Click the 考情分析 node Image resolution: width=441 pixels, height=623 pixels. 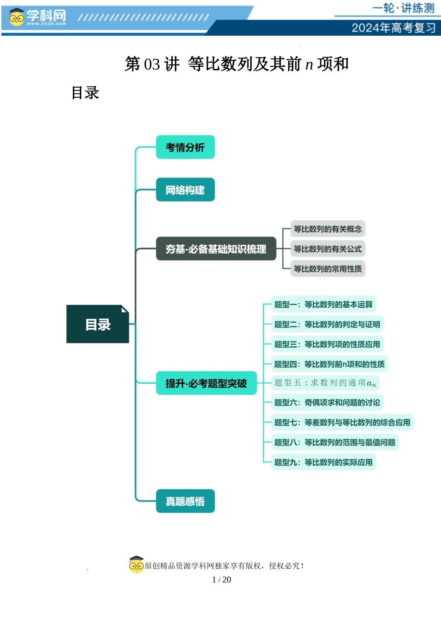[x=185, y=147]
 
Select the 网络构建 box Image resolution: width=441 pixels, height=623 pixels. [x=185, y=190]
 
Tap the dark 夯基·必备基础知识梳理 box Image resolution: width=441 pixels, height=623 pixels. [x=216, y=249]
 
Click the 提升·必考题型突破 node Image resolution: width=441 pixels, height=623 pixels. [x=206, y=383]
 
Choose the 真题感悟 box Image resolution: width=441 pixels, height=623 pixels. [x=185, y=501]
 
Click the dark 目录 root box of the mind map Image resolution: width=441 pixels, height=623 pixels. [x=97, y=324]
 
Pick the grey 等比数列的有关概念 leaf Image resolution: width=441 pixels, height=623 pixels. [x=327, y=229]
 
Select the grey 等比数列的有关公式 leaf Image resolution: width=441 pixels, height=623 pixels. [x=327, y=249]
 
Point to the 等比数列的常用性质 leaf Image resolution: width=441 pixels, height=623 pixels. [x=327, y=269]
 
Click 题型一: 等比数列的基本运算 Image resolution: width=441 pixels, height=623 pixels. [x=323, y=305]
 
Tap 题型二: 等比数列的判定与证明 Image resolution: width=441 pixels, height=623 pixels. [x=327, y=324]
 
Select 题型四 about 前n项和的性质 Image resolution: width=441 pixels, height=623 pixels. [x=329, y=364]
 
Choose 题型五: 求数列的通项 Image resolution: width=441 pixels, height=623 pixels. [x=325, y=383]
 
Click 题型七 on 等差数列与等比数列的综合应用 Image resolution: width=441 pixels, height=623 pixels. [x=342, y=422]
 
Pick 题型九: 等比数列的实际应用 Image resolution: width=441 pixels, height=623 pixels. [x=323, y=462]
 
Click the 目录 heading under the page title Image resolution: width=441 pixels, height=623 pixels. [x=85, y=93]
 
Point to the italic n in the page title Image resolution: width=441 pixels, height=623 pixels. [x=309, y=64]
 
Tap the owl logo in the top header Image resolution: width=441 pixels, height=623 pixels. [x=17, y=18]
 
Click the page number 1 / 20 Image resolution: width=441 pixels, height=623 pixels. [x=221, y=579]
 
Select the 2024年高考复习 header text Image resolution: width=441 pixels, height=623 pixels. [x=393, y=28]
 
